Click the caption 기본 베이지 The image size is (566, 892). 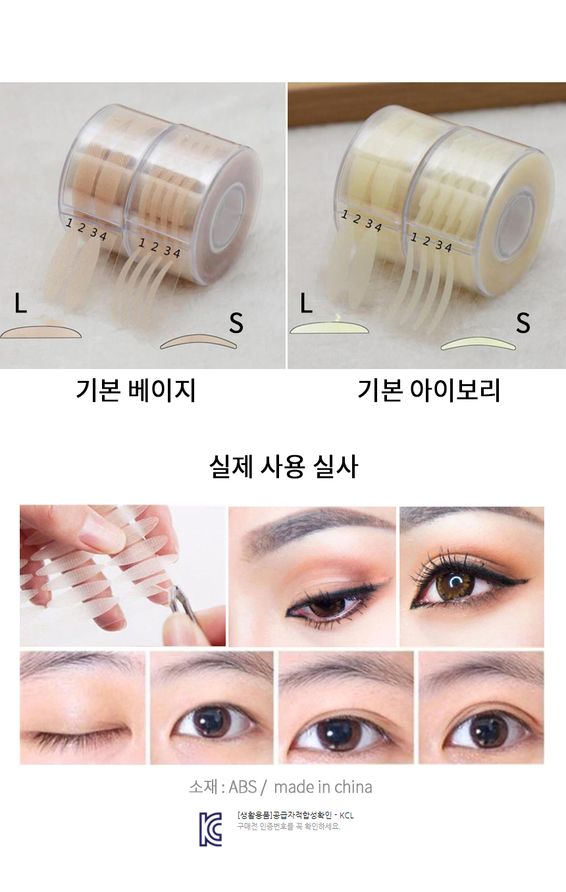click(136, 390)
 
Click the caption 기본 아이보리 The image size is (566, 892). click(428, 390)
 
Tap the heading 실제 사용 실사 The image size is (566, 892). click(283, 466)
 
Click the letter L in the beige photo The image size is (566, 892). click(20, 303)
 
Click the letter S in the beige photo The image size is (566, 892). click(236, 322)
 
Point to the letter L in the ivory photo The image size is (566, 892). click(306, 303)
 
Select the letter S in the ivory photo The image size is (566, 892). click(523, 322)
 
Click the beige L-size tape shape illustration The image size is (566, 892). click(41, 332)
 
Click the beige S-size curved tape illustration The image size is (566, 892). click(198, 341)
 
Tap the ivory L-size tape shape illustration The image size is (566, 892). click(330, 328)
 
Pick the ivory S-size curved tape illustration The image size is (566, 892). click(478, 343)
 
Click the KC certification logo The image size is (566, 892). click(211, 830)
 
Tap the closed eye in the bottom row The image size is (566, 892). click(82, 733)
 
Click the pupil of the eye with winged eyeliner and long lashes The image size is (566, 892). click(455, 584)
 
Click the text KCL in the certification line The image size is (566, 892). click(347, 816)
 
